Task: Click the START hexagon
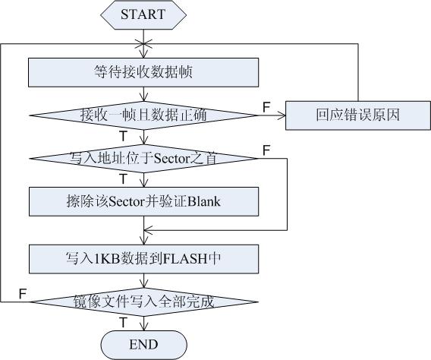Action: pos(143,14)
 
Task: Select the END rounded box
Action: pos(143,345)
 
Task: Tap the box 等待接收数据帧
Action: pos(143,72)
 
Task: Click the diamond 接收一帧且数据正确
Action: pos(143,115)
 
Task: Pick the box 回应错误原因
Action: pos(358,115)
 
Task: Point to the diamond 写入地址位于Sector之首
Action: pos(143,159)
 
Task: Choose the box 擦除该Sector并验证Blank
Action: pos(143,201)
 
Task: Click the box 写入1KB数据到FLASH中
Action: pos(143,259)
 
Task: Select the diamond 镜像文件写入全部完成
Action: pos(143,302)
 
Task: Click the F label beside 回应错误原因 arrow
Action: pos(266,107)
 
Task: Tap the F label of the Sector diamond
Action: pos(266,150)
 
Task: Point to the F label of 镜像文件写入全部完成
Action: pos(23,294)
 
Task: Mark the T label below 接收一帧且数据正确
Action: pos(124,136)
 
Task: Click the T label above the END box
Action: pos(124,322)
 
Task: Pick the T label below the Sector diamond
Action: pos(124,179)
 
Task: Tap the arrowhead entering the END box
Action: pos(143,327)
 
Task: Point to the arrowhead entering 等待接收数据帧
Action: pos(143,53)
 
